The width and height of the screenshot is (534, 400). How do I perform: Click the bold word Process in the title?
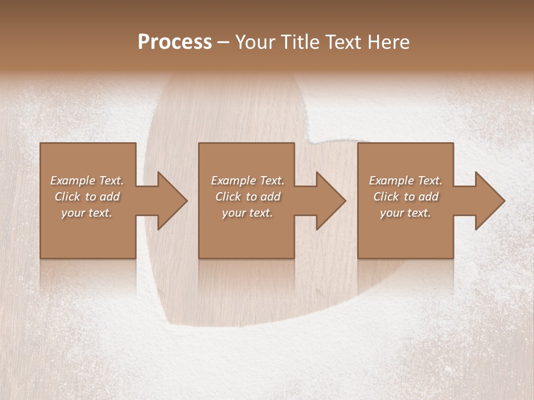[x=175, y=42]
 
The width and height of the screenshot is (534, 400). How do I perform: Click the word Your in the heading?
[x=258, y=42]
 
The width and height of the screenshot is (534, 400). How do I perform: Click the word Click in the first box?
[x=67, y=197]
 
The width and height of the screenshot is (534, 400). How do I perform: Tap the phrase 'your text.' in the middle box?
[x=248, y=213]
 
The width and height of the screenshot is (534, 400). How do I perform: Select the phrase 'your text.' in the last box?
[x=406, y=213]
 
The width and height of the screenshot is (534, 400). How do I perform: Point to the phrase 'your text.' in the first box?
[x=87, y=213]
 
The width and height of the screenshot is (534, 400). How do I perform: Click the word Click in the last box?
[x=387, y=197]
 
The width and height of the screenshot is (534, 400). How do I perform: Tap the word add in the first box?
[x=110, y=197]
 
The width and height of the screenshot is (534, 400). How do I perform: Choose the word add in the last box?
[x=428, y=197]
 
